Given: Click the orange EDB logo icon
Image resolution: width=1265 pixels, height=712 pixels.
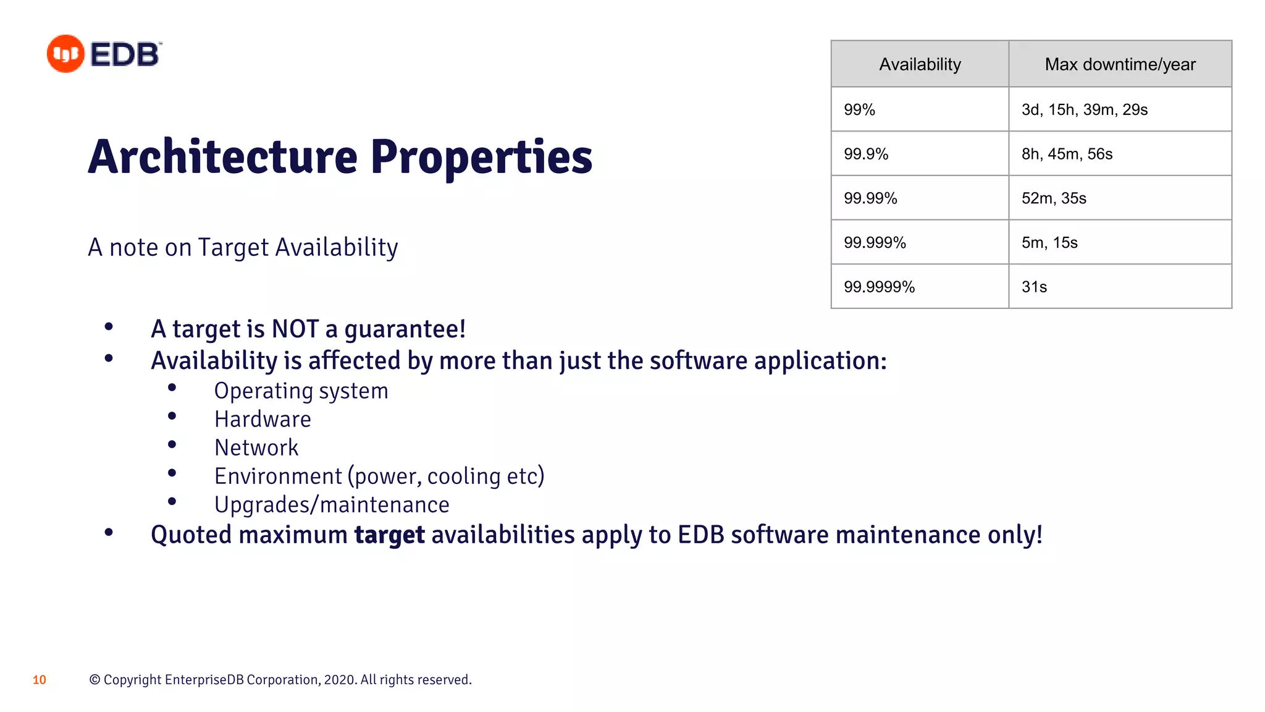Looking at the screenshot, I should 65,54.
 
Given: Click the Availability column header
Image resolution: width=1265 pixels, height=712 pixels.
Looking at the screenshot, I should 920,64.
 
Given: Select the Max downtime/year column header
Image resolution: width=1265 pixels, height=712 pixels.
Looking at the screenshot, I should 1120,64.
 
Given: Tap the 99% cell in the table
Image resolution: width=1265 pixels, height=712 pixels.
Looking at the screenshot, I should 859,110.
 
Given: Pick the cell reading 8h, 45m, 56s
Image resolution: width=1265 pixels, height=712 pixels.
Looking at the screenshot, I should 1067,154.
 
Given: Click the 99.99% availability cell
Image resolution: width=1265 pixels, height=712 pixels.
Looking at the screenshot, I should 870,198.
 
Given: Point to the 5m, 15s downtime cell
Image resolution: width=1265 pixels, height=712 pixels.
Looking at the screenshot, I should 1049,243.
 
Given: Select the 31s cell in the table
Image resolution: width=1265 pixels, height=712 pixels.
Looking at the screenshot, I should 1034,287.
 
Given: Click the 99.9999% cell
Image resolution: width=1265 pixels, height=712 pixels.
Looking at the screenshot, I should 879,287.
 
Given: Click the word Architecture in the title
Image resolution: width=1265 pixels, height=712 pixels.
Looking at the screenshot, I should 222,157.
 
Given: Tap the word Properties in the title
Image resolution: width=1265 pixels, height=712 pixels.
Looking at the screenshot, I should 481,157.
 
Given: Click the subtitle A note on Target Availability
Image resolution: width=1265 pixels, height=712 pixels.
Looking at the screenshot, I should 243,247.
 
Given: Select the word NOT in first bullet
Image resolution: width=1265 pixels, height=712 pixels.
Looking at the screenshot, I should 295,329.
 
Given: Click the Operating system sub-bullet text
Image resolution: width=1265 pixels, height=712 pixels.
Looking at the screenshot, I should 301,391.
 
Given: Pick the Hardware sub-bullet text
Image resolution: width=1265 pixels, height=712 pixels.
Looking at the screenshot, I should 263,420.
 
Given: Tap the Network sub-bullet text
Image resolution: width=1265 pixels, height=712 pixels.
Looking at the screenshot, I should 256,448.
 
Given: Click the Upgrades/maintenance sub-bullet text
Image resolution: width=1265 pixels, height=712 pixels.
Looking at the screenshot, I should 332,505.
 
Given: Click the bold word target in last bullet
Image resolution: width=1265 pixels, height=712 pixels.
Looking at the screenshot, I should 389,535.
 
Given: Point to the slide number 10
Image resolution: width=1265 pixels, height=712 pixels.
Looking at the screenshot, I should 40,680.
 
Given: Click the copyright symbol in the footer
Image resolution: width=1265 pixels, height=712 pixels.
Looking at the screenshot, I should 95,680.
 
